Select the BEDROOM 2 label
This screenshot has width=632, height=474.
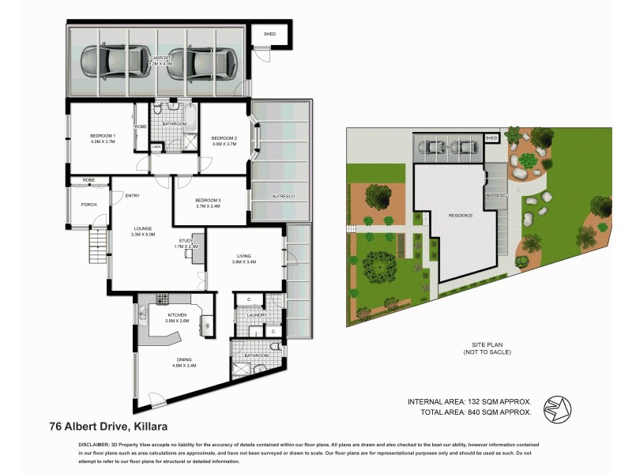tap(224, 139)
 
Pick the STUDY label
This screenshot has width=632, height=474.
tap(186, 242)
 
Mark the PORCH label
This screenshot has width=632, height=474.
tap(88, 205)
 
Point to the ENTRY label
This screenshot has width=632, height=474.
tap(132, 196)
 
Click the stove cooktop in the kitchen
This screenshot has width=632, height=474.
tap(163, 299)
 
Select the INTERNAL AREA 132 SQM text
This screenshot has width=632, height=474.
tap(468, 401)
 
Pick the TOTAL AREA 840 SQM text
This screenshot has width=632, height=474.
tap(470, 412)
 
